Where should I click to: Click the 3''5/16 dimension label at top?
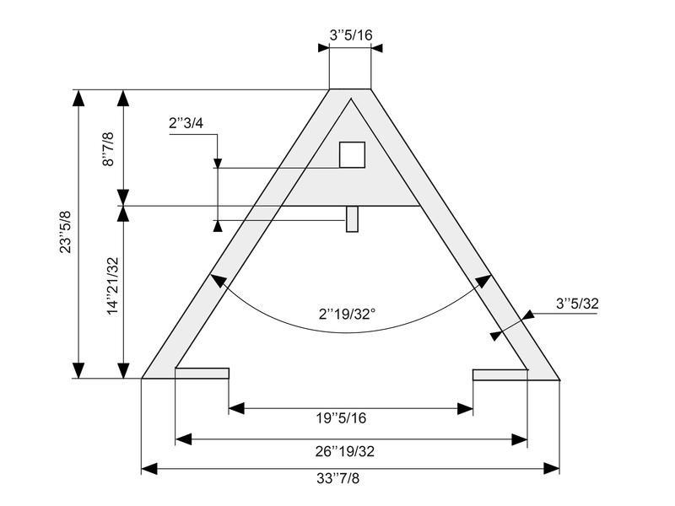tap(351, 35)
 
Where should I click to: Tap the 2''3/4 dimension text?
tap(186, 123)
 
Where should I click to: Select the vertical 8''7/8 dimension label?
tap(108, 149)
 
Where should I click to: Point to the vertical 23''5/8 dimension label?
tap(66, 232)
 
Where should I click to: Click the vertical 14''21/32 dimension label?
tap(112, 286)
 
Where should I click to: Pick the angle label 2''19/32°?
tap(347, 314)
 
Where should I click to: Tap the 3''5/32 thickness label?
tap(577, 304)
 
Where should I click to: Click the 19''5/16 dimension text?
tap(342, 417)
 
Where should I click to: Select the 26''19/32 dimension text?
tap(345, 451)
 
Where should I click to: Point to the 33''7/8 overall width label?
tap(338, 478)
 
